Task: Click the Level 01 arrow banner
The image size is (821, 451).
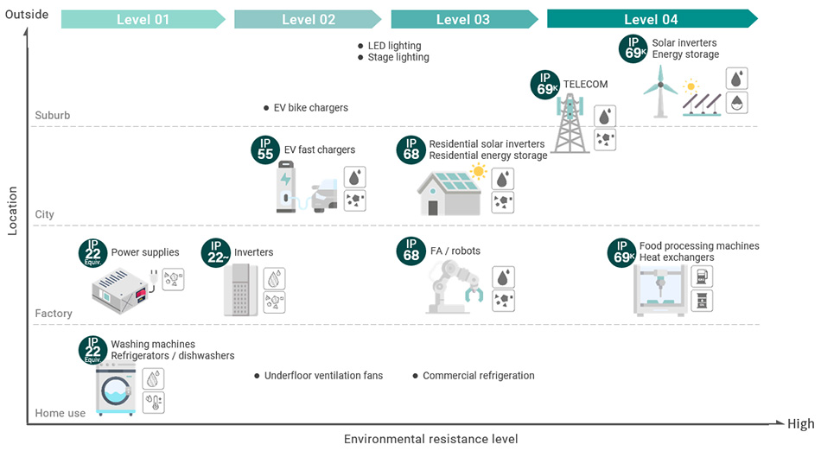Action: click(143, 19)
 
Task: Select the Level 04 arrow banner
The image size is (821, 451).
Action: click(652, 19)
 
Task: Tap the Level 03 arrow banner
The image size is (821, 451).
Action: click(464, 19)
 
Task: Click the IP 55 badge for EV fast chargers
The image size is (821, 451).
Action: click(265, 150)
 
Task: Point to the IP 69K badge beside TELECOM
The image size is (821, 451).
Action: click(545, 85)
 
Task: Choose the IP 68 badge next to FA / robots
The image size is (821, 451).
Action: click(411, 251)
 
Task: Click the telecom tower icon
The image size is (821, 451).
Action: click(570, 124)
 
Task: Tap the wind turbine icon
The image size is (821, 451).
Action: click(660, 92)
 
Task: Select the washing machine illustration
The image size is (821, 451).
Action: click(116, 390)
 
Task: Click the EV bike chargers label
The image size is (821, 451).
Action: click(310, 108)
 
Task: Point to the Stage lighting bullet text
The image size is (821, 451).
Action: click(398, 57)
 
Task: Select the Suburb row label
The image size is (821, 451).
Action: click(53, 115)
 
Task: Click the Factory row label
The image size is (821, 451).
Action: click(54, 314)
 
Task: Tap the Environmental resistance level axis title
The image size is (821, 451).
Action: click(431, 439)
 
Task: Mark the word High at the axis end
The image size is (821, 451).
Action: click(800, 424)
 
